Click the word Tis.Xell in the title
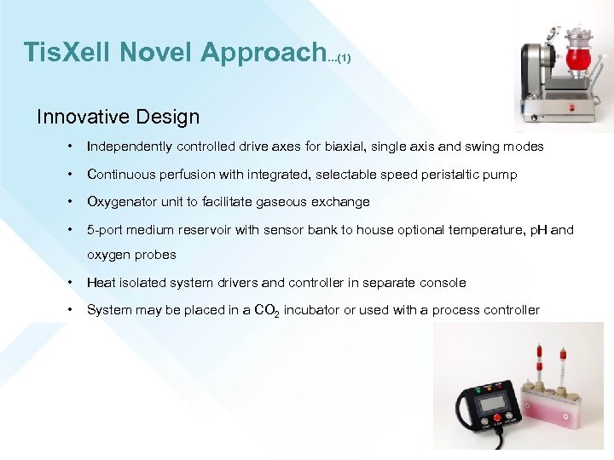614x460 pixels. [67, 53]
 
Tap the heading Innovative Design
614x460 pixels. [118, 117]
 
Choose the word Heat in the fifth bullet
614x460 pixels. [101, 283]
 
